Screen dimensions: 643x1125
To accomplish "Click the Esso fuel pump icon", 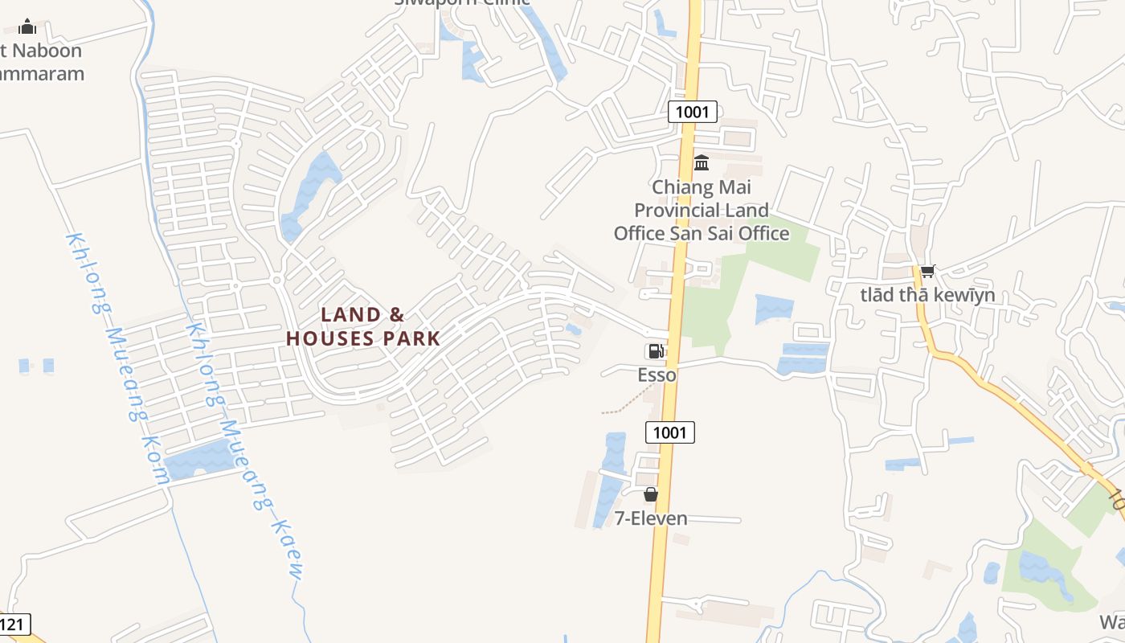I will [x=655, y=351].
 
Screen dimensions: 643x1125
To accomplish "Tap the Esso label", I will [x=657, y=375].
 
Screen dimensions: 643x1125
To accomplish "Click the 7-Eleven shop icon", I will [x=651, y=494].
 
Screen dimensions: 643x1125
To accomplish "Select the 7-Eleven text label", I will [x=651, y=518].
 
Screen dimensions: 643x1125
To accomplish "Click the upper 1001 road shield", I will [x=692, y=112].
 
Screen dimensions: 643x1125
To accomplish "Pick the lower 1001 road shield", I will [x=669, y=432].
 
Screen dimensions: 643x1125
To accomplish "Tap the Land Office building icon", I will [x=702, y=163].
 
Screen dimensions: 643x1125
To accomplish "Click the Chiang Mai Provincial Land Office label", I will [x=702, y=211].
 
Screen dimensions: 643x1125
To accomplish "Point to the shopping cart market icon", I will [x=927, y=271].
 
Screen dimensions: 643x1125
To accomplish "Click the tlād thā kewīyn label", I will [x=927, y=295].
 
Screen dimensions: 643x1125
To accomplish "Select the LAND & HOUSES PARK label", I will [x=363, y=326].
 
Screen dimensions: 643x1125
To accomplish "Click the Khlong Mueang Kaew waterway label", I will [x=244, y=450].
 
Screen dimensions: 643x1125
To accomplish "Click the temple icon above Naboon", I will [x=27, y=27].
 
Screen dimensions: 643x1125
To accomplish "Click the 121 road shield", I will [x=14, y=624].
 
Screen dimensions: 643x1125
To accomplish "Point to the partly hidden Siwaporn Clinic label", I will [x=462, y=2].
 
